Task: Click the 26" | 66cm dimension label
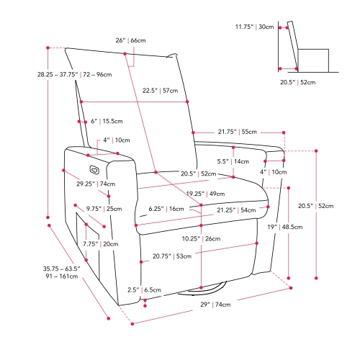[x=130, y=40]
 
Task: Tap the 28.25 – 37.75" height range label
[x=58, y=75]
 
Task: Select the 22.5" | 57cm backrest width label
[x=160, y=91]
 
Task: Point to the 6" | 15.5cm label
[x=107, y=121]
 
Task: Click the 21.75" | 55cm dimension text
[x=238, y=132]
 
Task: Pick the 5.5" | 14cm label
[x=233, y=161]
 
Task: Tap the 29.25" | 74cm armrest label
[x=96, y=184]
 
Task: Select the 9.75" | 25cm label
[x=104, y=209]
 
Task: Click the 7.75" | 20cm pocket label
[x=101, y=244]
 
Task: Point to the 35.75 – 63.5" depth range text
[x=62, y=269]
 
